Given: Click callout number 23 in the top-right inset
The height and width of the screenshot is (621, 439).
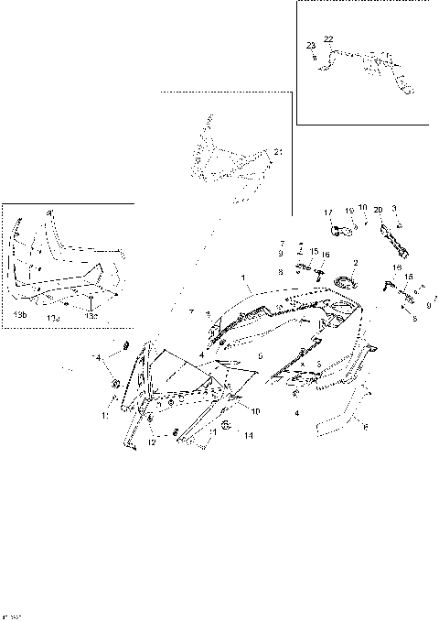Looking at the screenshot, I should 311,45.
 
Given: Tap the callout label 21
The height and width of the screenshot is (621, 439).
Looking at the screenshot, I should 278,151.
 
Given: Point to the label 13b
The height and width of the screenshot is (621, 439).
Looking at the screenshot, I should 20,314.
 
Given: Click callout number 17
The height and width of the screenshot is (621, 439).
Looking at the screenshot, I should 329,212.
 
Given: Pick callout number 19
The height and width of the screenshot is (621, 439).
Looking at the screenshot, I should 348,212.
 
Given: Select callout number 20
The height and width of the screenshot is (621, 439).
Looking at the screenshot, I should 378,211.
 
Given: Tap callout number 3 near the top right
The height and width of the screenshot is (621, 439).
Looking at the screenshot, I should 394,210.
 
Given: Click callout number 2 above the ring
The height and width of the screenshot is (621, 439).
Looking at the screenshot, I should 356,264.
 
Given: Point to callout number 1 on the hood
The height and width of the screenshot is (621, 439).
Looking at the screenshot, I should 243,277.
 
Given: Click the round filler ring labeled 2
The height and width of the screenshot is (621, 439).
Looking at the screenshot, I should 347,282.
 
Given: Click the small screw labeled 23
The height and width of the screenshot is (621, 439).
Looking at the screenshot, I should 315,58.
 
